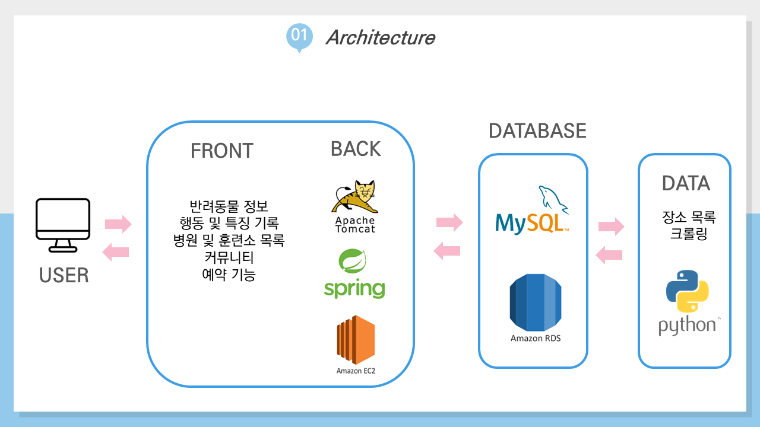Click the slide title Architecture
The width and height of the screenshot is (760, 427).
click(x=380, y=37)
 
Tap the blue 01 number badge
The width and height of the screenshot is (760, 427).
click(x=299, y=36)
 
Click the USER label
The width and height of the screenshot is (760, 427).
click(x=64, y=275)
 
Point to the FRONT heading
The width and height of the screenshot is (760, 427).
click(x=221, y=151)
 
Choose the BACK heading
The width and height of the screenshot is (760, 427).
click(x=356, y=149)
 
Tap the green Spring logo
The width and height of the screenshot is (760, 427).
click(x=354, y=275)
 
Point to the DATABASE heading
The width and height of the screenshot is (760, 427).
click(x=537, y=130)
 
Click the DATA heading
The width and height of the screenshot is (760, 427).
click(x=686, y=183)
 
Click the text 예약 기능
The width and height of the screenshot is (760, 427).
click(x=229, y=275)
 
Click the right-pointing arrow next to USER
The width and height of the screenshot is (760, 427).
click(x=118, y=224)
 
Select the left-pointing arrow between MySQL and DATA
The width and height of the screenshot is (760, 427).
click(x=609, y=255)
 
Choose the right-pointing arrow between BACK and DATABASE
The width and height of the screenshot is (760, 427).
click(x=449, y=222)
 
